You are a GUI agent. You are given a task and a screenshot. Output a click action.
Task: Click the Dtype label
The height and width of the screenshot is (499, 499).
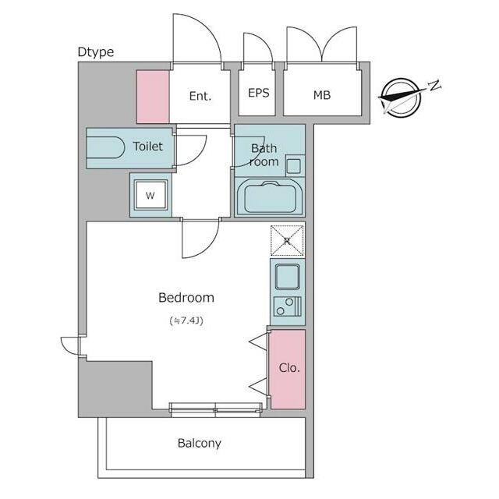click(x=96, y=52)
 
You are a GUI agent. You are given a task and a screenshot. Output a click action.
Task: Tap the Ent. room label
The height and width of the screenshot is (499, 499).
click(x=200, y=96)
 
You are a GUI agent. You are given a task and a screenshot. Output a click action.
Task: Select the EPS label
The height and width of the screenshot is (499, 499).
click(x=258, y=93)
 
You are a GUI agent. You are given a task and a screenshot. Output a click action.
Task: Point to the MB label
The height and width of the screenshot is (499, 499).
click(x=322, y=95)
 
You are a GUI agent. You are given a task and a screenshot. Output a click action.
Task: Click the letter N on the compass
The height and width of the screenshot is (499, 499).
click(x=434, y=85)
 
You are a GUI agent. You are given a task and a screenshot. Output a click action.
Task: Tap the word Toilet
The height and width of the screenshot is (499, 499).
click(x=147, y=147)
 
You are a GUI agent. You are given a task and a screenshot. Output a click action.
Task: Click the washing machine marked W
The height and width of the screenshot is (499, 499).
click(x=150, y=195)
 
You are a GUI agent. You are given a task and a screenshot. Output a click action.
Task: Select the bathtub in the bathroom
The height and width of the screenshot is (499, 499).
click(x=270, y=197)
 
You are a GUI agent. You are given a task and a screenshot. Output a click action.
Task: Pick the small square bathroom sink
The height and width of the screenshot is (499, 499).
click(x=294, y=166)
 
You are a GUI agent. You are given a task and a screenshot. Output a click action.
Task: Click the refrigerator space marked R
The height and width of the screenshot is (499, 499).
click(x=287, y=241)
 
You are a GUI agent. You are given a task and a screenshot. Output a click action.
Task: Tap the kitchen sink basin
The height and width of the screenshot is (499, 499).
click(x=287, y=277)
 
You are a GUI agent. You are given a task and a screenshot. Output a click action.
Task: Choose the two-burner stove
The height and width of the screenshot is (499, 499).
click(x=288, y=306)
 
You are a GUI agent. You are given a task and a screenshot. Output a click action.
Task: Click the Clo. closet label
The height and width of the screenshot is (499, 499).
click(x=289, y=368)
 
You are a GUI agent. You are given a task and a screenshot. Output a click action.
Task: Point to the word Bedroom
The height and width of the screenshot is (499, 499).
click(x=186, y=298)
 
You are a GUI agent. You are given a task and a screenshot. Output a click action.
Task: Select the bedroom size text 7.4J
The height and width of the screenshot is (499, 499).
click(x=186, y=320)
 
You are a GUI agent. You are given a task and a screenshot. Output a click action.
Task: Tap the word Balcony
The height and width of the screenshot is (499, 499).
click(x=200, y=444)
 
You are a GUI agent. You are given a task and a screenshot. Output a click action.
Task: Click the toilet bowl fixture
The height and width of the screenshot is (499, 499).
click(x=106, y=147)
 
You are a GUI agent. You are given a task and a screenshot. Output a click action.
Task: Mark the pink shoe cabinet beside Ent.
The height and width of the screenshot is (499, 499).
click(x=153, y=97)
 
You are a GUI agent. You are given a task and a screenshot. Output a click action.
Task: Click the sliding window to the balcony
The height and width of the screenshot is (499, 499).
click(x=215, y=410)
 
